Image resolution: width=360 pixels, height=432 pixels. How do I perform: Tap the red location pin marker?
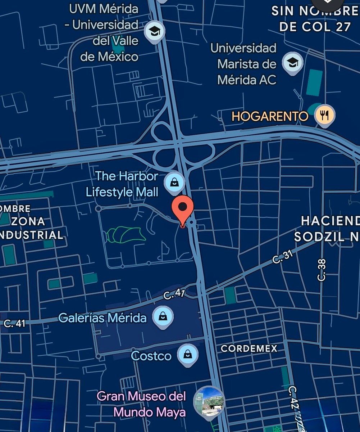tap(183, 209)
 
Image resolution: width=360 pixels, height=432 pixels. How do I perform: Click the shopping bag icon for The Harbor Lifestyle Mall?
tap(174, 182)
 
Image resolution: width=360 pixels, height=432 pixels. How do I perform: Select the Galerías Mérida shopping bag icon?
tap(163, 317)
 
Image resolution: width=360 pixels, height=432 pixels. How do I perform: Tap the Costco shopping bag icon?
tap(187, 355)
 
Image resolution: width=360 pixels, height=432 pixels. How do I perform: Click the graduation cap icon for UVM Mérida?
tap(155, 32)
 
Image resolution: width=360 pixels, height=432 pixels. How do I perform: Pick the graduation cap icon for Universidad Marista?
tap(293, 63)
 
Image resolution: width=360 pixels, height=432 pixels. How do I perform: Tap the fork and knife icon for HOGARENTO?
tap(325, 116)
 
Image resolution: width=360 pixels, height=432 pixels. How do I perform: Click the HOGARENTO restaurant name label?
tap(270, 116)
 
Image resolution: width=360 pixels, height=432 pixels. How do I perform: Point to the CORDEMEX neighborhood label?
tap(249, 348)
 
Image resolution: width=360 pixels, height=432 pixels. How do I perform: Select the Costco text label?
tap(151, 356)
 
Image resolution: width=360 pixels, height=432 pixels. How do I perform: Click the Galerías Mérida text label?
tap(102, 318)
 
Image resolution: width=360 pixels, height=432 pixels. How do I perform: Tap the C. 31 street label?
tap(282, 256)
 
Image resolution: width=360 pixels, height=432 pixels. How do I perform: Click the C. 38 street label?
tap(322, 270)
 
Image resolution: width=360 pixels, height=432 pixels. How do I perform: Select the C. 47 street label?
tap(174, 294)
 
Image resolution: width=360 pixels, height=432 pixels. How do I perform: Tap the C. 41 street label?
tap(15, 323)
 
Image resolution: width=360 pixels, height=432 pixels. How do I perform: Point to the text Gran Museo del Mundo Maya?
tap(142, 404)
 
